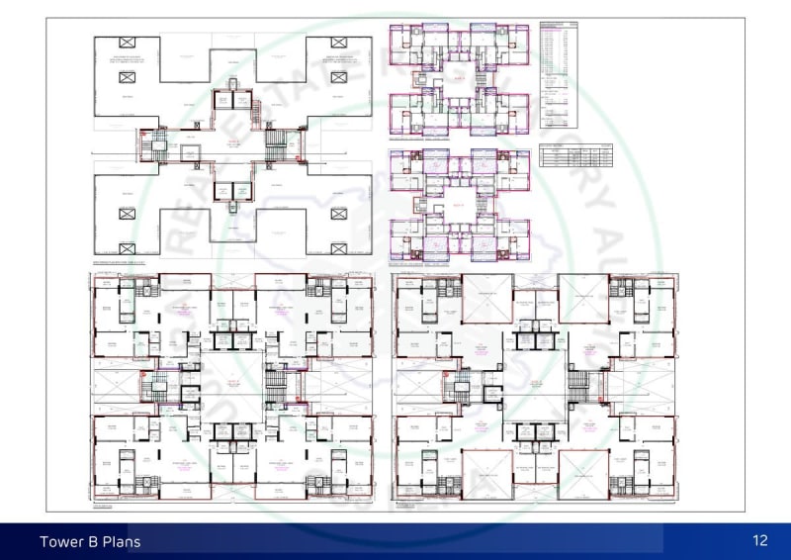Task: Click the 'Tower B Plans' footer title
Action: tap(90, 541)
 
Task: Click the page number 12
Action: tap(759, 540)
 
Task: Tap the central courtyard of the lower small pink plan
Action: tap(458, 206)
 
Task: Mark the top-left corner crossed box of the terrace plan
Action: tap(127, 42)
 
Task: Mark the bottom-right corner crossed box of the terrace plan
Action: tap(339, 245)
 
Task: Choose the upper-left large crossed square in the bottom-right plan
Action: tap(487, 299)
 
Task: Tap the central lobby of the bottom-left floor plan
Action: tap(233, 386)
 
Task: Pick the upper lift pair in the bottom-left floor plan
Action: tap(233, 340)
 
